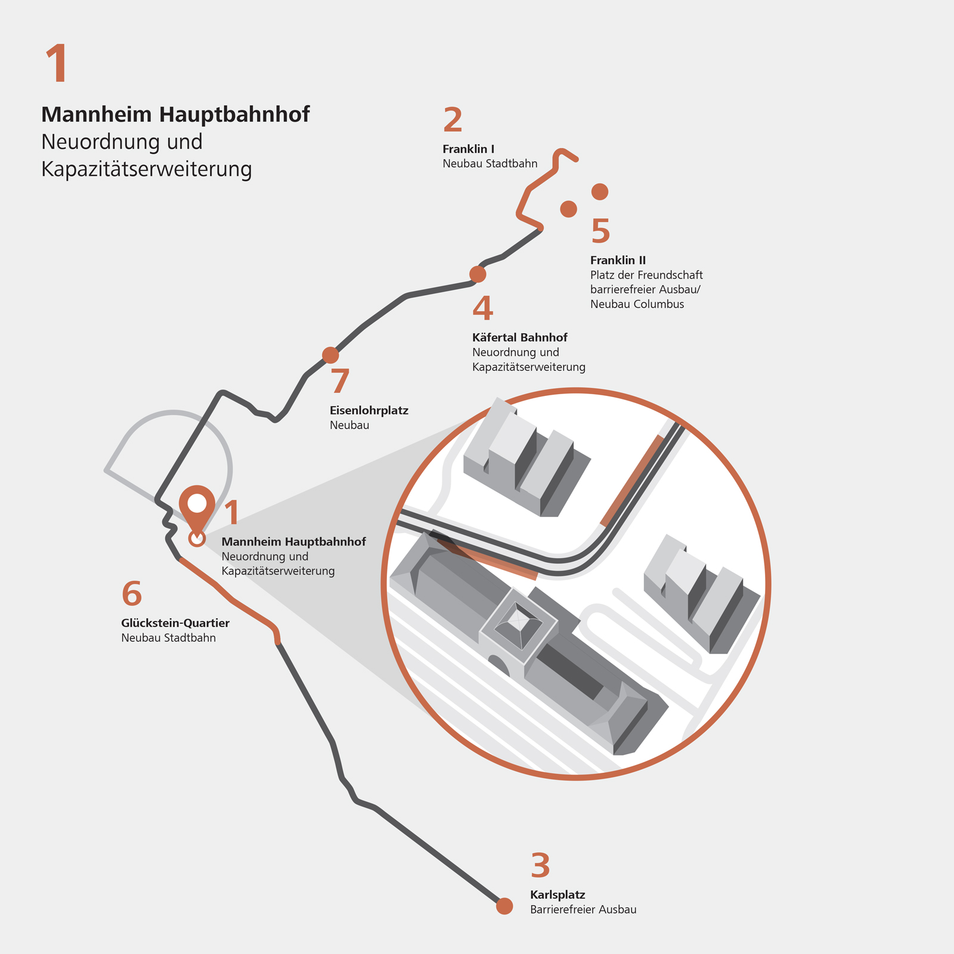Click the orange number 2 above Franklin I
pos(453,120)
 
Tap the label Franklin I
pos(468,149)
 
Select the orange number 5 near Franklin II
pos(600,231)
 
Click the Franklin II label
pos(618,260)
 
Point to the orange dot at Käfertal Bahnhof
pos(478,274)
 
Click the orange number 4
pos(482,308)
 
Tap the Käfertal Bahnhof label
pos(519,337)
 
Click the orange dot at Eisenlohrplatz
pos(330,355)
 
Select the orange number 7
pos(340,381)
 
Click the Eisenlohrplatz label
pos(368,410)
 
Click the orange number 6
pos(132,593)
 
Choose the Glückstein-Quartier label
pos(175,623)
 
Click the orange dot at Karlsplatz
pos(504,906)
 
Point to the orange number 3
pos(540,865)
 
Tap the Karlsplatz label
pos(557,895)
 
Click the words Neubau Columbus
pos(637,304)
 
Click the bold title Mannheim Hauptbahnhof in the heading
pos(175,114)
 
